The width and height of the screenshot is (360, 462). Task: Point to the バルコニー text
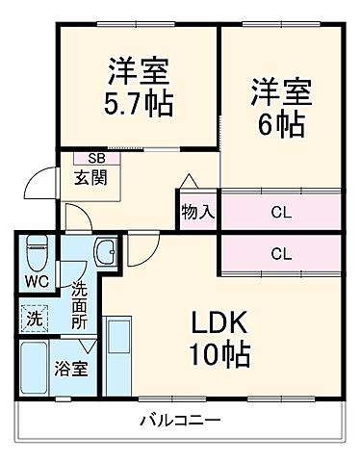click(180, 420)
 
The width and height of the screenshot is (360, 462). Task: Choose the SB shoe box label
click(96, 158)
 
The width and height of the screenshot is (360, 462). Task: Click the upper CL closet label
click(280, 212)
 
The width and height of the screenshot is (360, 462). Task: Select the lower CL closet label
click(280, 254)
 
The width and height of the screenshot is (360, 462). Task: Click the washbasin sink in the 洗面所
click(105, 255)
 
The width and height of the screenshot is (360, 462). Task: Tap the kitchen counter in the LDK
click(119, 357)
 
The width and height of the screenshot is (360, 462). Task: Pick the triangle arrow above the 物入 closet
click(189, 181)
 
